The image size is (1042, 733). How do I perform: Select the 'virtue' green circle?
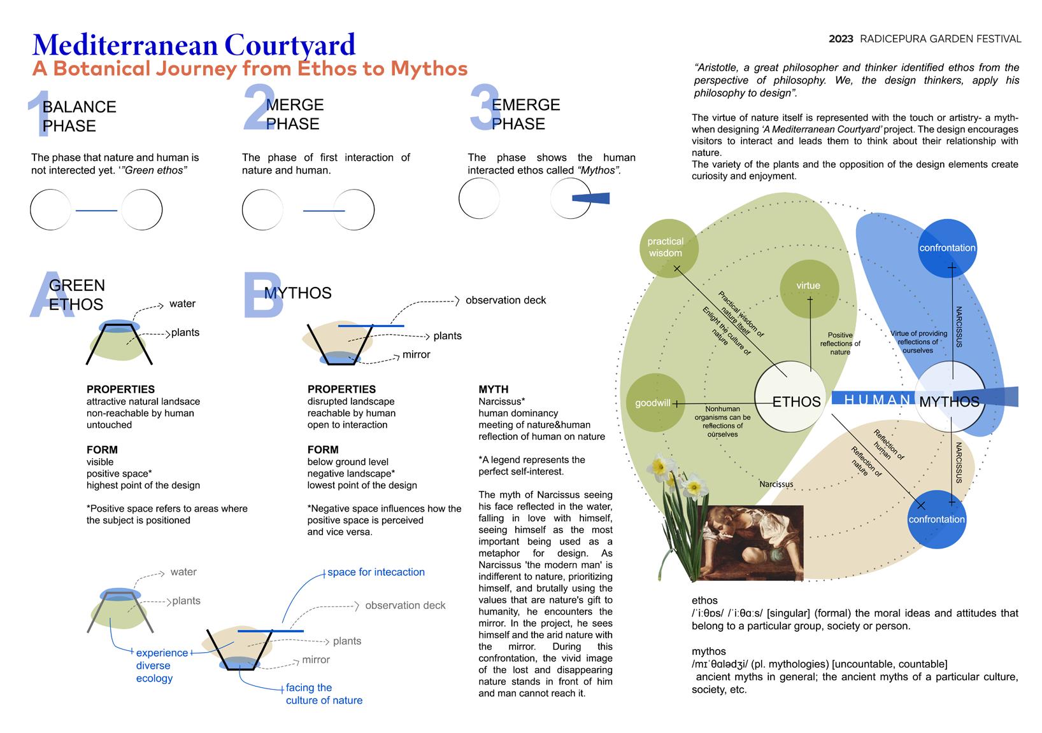pyautogui.click(x=808, y=286)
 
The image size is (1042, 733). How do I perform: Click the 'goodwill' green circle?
pyautogui.click(x=653, y=403)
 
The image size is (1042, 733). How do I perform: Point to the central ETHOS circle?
pyautogui.click(x=790, y=398)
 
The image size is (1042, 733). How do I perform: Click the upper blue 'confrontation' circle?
pyautogui.click(x=947, y=248)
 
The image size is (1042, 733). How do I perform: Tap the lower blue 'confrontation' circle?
pyautogui.click(x=937, y=519)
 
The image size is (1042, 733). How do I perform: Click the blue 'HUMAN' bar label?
pyautogui.click(x=876, y=400)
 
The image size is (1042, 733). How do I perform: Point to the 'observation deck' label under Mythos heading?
pyautogui.click(x=506, y=300)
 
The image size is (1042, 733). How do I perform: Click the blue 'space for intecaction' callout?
pyautogui.click(x=376, y=572)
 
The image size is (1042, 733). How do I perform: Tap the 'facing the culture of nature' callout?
pyautogui.click(x=324, y=694)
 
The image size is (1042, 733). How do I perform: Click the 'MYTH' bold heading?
pyautogui.click(x=494, y=389)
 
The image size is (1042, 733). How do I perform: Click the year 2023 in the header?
pyautogui.click(x=841, y=39)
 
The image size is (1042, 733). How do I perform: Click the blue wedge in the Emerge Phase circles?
pyautogui.click(x=592, y=199)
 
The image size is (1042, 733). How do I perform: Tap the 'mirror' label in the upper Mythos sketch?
pyautogui.click(x=417, y=354)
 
